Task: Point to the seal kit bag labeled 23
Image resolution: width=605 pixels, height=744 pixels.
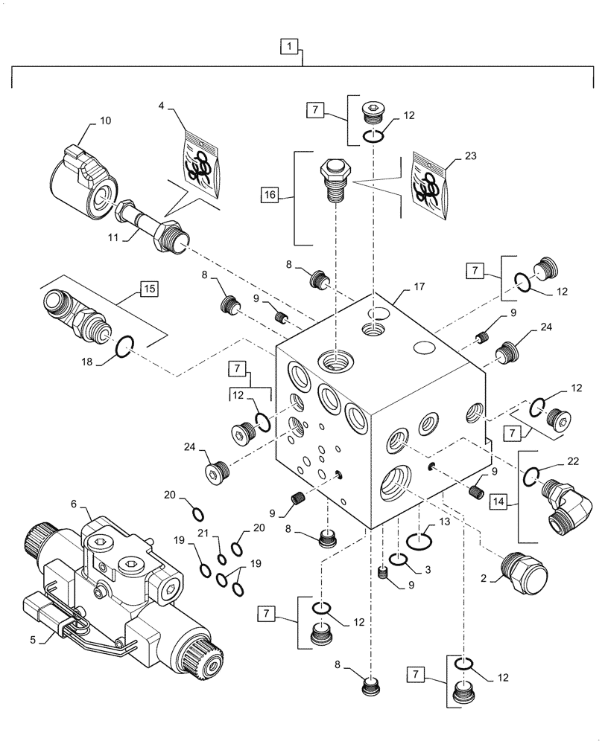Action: (430, 187)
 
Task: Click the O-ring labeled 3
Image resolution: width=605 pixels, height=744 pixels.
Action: (399, 559)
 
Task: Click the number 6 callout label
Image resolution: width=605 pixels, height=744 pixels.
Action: (74, 504)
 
